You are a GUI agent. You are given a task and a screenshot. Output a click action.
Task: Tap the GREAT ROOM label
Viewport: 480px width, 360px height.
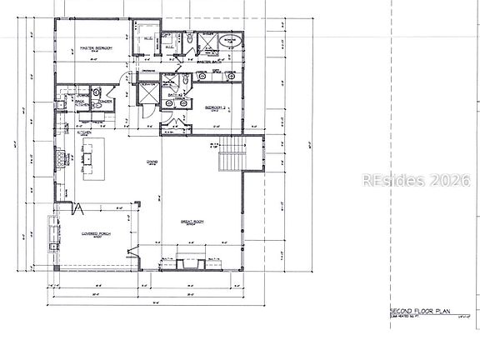point(194,222)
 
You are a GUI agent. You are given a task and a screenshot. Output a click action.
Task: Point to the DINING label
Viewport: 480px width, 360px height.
point(152,162)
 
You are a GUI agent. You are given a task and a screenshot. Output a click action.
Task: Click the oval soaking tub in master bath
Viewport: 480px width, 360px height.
point(231,41)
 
